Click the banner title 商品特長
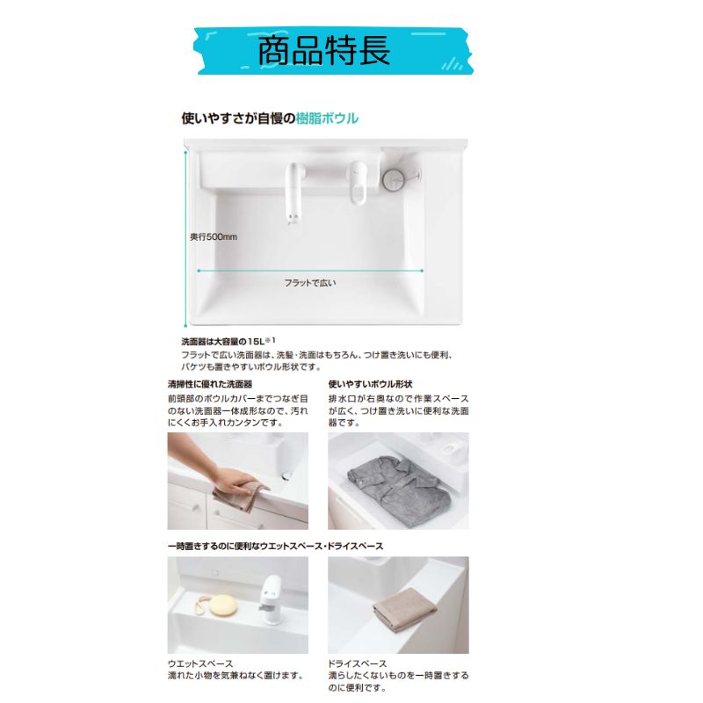[x=323, y=50]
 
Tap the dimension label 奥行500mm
[x=214, y=236]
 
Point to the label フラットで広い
[x=309, y=283]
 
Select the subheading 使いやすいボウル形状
[x=370, y=384]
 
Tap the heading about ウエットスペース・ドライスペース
[x=275, y=547]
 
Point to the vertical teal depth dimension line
[x=185, y=237]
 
